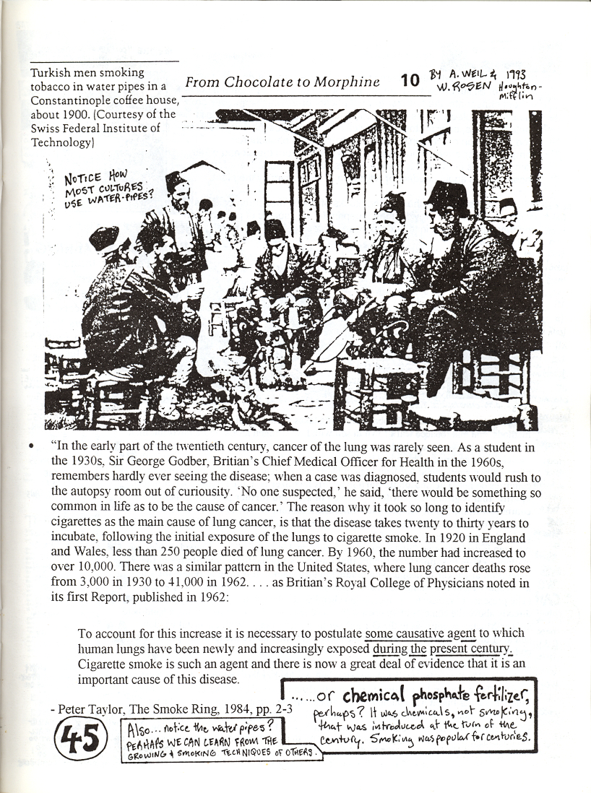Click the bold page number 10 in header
click(410, 80)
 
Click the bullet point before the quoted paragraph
click(30, 448)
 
